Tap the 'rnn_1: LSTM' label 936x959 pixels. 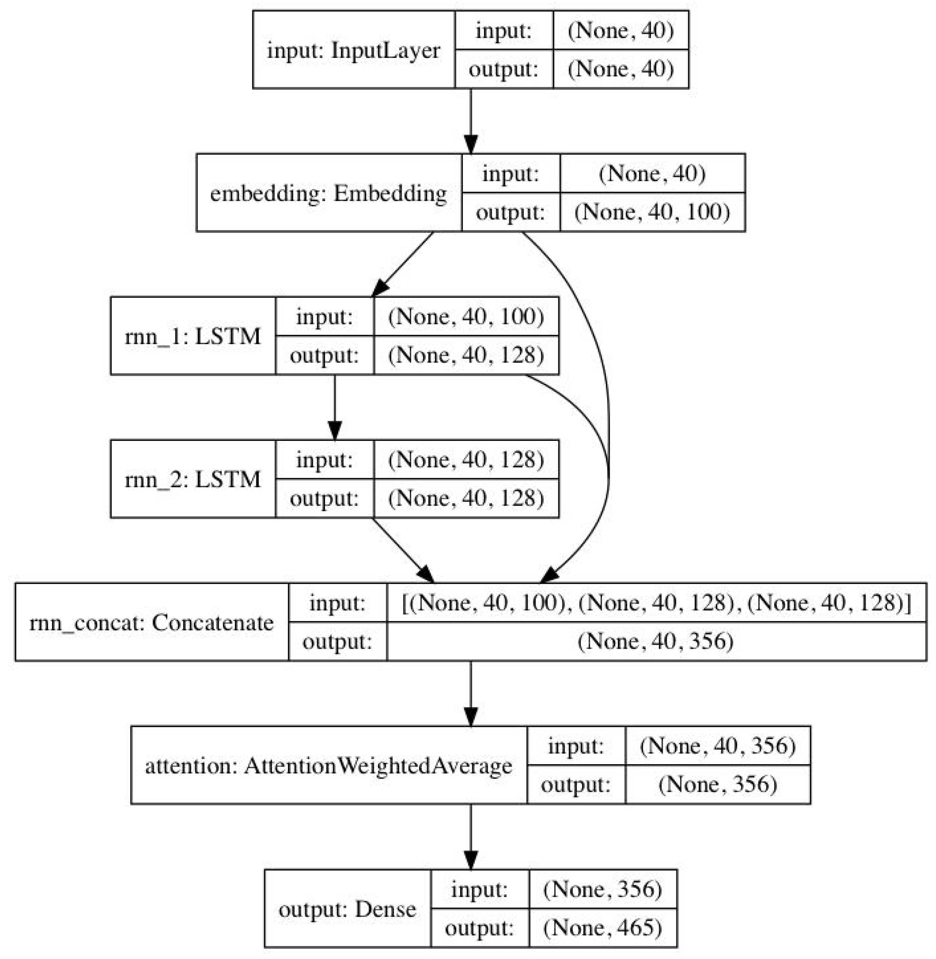(x=193, y=336)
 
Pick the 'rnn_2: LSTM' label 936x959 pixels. (x=193, y=479)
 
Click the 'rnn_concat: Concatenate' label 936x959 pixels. (x=151, y=623)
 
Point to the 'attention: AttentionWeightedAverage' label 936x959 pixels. (x=328, y=766)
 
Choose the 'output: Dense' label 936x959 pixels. (x=347, y=909)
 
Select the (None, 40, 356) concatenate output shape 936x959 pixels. (x=656, y=641)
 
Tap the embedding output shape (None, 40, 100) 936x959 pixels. (x=652, y=212)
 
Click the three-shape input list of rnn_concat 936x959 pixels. (x=656, y=603)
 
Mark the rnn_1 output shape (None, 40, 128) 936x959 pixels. (x=466, y=355)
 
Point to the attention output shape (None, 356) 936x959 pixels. (x=717, y=784)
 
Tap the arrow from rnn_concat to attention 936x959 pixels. (x=471, y=694)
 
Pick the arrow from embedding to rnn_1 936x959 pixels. (x=403, y=264)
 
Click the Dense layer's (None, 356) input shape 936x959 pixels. (x=603, y=889)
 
